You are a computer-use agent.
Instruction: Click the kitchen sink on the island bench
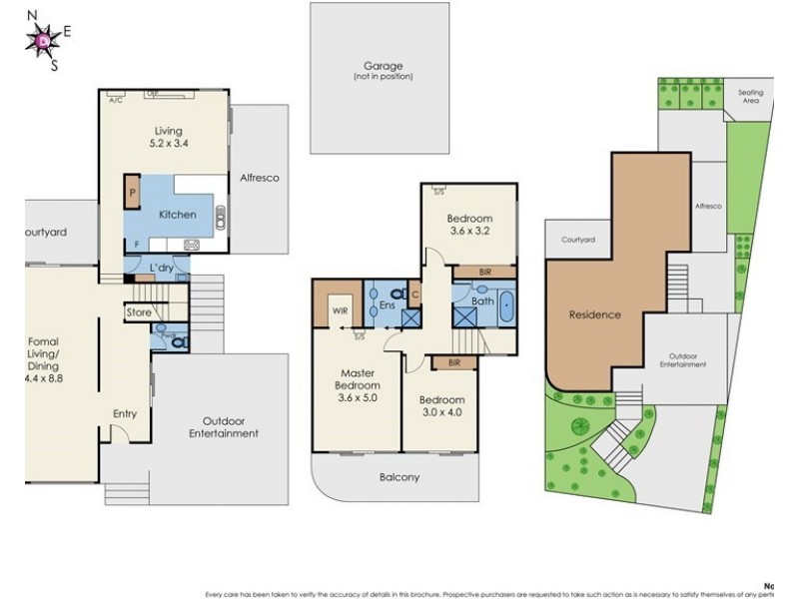click(220, 214)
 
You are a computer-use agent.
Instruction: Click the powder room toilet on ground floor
click(177, 340)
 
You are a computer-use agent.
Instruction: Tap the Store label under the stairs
click(139, 313)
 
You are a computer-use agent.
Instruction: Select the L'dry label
click(161, 270)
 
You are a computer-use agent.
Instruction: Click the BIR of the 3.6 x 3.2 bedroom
click(484, 271)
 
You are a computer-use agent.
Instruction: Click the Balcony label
click(399, 477)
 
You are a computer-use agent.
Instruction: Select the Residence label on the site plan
click(595, 314)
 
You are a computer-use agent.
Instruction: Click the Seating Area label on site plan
click(750, 96)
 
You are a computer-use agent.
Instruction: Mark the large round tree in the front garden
click(576, 427)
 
